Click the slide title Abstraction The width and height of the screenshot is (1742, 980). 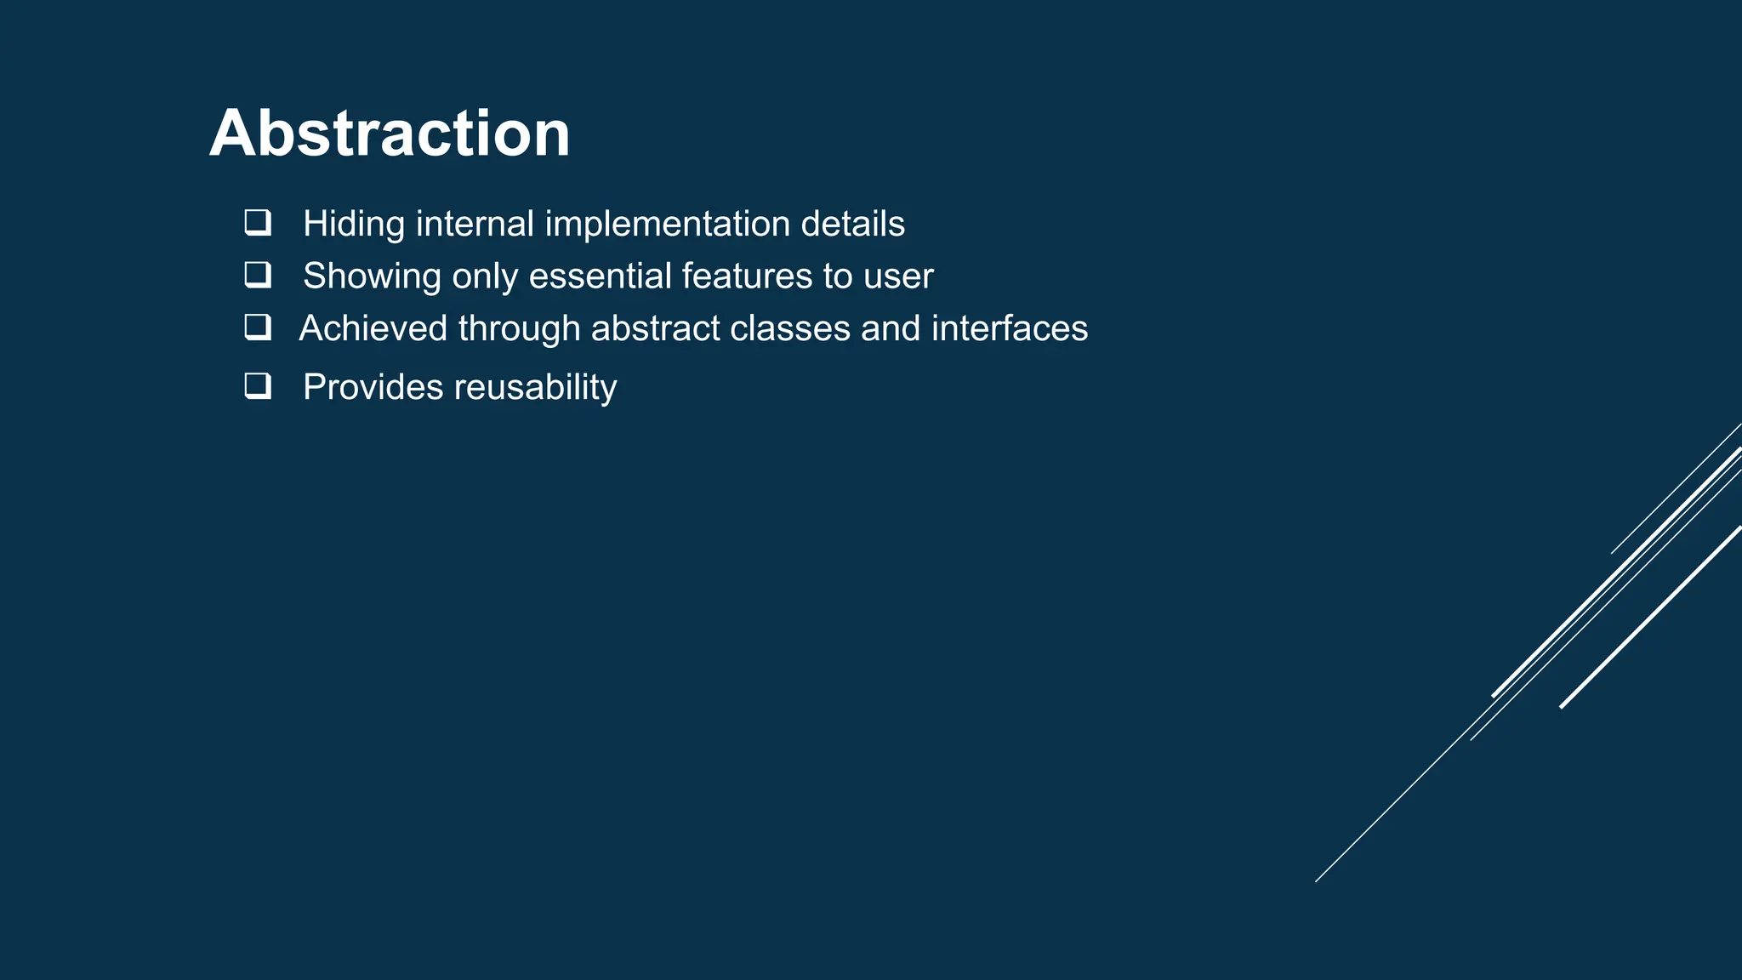[x=390, y=134]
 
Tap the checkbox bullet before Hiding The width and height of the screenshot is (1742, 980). [x=258, y=223]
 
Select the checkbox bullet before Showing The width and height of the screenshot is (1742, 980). [x=258, y=275]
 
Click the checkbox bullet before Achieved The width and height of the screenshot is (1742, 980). [x=258, y=328]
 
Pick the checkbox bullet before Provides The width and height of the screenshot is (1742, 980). [x=258, y=386]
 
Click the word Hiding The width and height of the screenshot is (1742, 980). [x=354, y=225]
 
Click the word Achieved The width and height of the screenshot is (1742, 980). [x=373, y=328]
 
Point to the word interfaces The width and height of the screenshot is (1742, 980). [x=1009, y=328]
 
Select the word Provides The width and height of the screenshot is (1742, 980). [x=373, y=387]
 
